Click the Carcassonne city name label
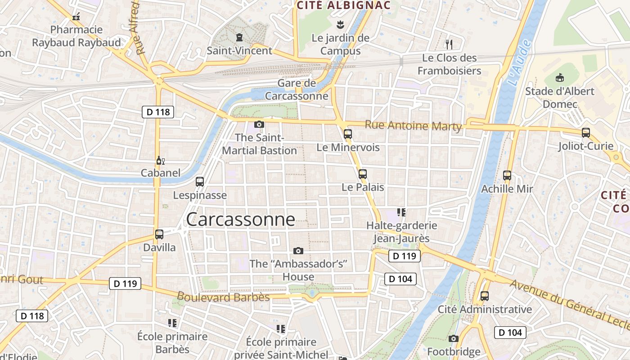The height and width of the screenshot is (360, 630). [x=240, y=219]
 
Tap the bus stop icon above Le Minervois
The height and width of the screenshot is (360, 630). [x=347, y=134]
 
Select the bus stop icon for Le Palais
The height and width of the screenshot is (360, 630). [x=362, y=174]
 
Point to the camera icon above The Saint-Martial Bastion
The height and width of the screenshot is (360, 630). [x=259, y=124]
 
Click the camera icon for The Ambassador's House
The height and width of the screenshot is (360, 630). [x=298, y=251]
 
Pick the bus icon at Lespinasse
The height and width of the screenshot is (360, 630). [x=200, y=182]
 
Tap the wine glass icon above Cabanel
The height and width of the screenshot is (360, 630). [x=160, y=160]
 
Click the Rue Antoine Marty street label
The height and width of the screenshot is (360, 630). [x=413, y=126]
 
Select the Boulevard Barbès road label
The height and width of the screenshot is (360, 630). [x=223, y=297]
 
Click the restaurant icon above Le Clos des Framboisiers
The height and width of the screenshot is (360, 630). [x=449, y=44]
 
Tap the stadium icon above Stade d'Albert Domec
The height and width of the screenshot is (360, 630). [x=559, y=78]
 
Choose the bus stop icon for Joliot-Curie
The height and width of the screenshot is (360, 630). [x=585, y=133]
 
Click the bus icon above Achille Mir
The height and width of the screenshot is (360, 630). [x=507, y=175]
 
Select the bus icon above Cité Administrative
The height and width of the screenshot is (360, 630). [x=484, y=296]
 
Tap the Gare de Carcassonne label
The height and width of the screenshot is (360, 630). [x=297, y=90]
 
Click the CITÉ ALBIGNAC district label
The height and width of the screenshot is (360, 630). [x=343, y=5]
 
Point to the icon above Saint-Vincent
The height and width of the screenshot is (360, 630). [x=239, y=37]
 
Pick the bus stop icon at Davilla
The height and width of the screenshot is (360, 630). [x=159, y=234]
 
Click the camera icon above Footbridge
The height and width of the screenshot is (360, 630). [x=454, y=338]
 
